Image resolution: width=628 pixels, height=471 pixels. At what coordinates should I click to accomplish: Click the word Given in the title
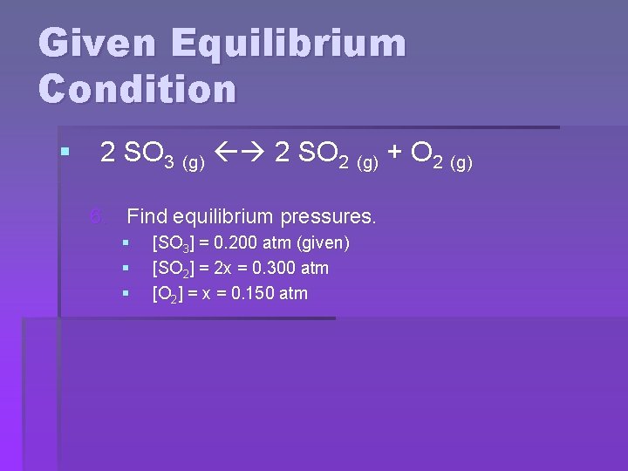coord(94,44)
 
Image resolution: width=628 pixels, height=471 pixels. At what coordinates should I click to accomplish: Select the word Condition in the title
coord(137,89)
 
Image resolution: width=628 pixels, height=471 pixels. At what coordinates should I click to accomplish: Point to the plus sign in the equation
coord(394,154)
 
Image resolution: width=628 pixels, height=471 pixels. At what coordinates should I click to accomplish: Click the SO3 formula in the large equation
coord(148,155)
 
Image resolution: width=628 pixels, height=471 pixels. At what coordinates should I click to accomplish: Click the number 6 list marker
coord(98,215)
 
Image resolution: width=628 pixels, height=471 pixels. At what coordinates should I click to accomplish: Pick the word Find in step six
coord(148,215)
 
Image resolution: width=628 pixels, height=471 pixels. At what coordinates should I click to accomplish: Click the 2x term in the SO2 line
coord(214,269)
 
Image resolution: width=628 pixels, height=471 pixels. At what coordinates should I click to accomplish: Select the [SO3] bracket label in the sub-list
coord(172,244)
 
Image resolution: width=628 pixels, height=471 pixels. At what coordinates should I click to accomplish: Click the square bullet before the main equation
coord(64,154)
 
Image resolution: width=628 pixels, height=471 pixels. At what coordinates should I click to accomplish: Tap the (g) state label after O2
coord(460,161)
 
